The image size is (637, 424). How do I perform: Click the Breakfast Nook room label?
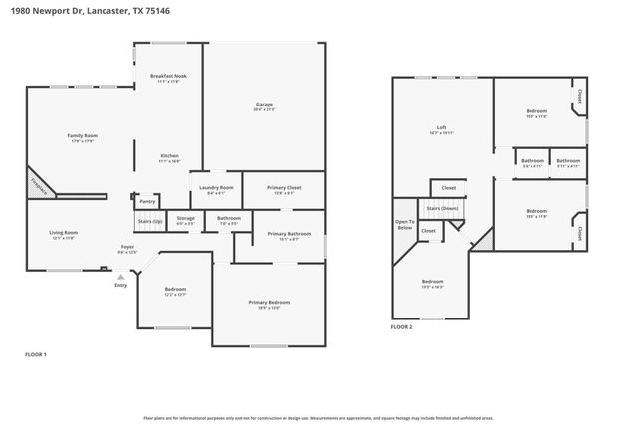(x=167, y=77)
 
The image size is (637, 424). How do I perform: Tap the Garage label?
(x=263, y=104)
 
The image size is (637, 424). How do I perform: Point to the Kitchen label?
(x=170, y=156)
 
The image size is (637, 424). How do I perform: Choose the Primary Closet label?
(x=284, y=187)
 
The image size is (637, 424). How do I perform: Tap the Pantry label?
(x=147, y=201)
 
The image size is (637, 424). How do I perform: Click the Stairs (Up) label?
(x=148, y=222)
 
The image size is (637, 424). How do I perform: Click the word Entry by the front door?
(x=120, y=285)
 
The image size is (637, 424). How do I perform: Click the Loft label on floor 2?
(x=440, y=128)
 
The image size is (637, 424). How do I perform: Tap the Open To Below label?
(x=404, y=224)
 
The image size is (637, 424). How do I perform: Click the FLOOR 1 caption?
(x=35, y=354)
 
